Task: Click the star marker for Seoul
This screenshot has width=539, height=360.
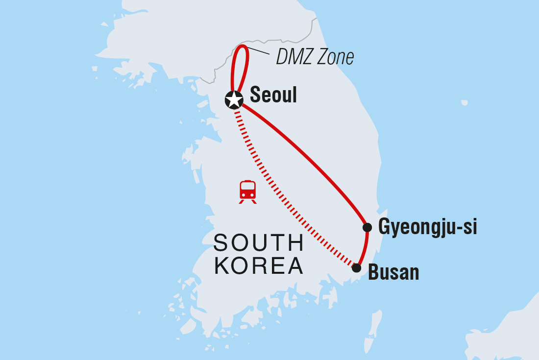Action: tap(234, 99)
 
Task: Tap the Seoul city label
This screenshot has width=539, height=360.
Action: tap(273, 96)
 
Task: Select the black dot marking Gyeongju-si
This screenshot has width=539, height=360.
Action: tap(367, 227)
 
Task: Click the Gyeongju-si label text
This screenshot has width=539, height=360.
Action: tap(427, 228)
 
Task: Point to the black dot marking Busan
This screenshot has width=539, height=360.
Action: tap(357, 268)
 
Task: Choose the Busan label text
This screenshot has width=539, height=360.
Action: tap(393, 273)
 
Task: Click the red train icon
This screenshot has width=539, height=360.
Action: tap(247, 191)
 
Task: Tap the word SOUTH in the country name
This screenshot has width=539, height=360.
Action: tap(259, 243)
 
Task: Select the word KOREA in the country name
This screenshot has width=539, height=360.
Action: tap(259, 266)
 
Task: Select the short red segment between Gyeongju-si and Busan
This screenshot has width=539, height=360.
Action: tap(365, 247)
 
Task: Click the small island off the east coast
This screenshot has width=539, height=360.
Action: tap(464, 103)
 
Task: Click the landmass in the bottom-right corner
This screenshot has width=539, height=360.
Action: tap(510, 333)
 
